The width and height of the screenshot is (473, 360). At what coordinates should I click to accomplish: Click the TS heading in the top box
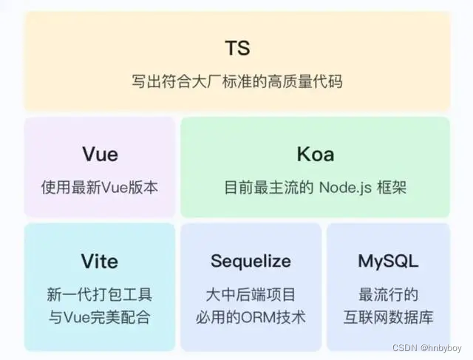tap(237, 48)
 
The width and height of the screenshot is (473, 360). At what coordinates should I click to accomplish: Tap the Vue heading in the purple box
tap(99, 154)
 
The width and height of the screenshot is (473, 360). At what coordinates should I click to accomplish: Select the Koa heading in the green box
tap(315, 154)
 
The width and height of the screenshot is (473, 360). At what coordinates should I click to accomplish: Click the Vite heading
tap(99, 262)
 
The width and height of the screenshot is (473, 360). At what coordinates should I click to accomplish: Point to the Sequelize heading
tap(251, 262)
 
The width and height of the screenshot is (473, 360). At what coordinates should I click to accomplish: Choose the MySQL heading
tap(388, 262)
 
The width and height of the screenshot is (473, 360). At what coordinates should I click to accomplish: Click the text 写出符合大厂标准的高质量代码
tap(237, 81)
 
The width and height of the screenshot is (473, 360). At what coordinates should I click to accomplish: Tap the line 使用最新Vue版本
tap(99, 188)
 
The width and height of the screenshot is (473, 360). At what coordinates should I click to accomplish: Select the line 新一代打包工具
tap(99, 295)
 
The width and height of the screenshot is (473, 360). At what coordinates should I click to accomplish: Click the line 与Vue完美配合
tap(99, 318)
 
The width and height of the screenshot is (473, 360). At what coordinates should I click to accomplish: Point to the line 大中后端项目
tap(251, 295)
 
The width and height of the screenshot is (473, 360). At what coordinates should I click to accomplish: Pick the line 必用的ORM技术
tap(251, 318)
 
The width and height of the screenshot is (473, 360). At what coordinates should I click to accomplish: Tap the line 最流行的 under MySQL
tap(388, 295)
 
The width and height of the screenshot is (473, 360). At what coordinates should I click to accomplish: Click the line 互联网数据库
tap(388, 318)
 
